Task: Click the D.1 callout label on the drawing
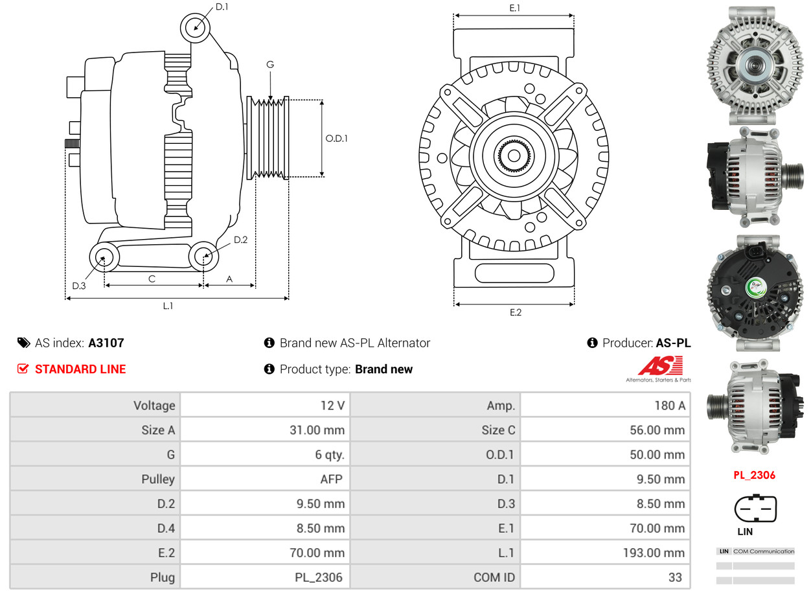(222, 7)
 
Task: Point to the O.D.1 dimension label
(336, 138)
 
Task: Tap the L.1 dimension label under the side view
(168, 306)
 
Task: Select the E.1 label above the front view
(515, 8)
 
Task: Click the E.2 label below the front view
(515, 312)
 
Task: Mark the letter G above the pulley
(270, 64)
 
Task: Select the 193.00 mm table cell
(657, 553)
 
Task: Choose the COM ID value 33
(675, 577)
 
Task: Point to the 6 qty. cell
(330, 455)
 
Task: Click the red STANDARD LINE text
(80, 369)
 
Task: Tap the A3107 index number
(106, 343)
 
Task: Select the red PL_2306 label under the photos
(754, 475)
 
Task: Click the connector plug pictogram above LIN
(755, 509)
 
